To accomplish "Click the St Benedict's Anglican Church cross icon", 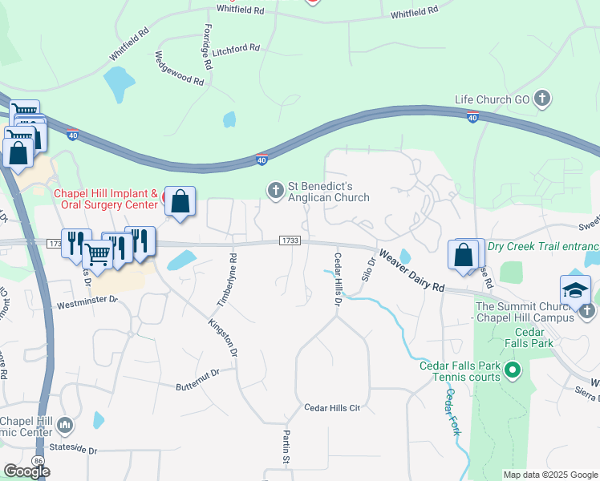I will (276, 190).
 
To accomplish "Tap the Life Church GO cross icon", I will (542, 99).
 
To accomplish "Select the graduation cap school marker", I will (575, 290).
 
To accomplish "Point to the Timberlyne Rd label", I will (227, 281).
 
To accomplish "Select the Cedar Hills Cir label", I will (332, 408).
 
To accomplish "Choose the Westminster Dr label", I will (87, 303).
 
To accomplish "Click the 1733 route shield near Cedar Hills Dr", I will (290, 240).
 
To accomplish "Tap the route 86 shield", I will (38, 459).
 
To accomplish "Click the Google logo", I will (27, 471).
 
